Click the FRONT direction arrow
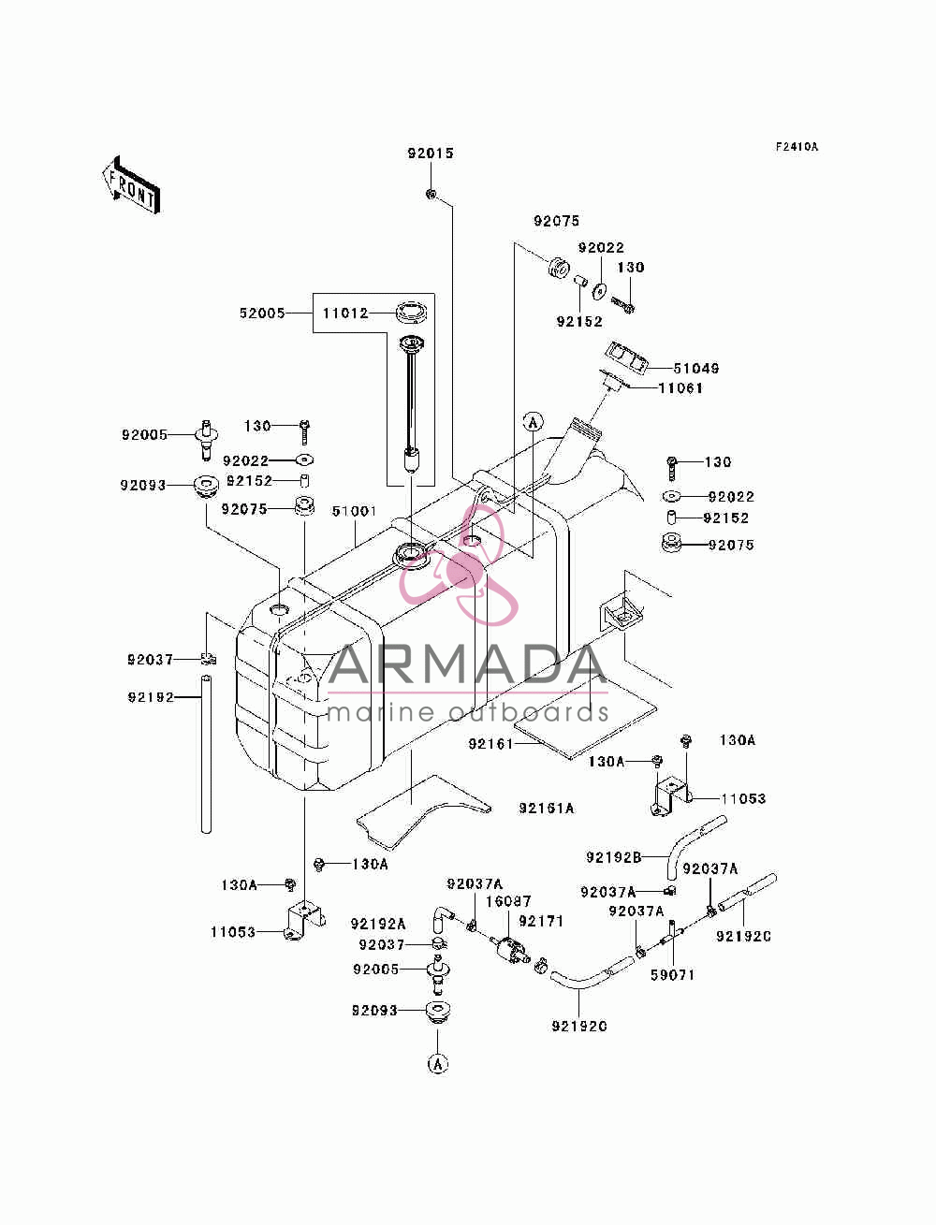click(131, 184)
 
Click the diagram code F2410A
click(797, 147)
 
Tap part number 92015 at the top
click(431, 153)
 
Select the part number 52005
click(262, 314)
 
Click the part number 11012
click(345, 314)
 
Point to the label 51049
click(696, 369)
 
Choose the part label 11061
click(680, 387)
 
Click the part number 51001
click(355, 511)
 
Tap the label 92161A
click(547, 809)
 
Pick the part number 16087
click(508, 901)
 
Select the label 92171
click(541, 921)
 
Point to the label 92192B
click(613, 856)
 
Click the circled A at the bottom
click(438, 1064)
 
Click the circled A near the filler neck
click(533, 421)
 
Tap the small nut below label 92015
click(431, 195)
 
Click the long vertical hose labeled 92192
click(207, 754)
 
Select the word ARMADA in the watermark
click(467, 664)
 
